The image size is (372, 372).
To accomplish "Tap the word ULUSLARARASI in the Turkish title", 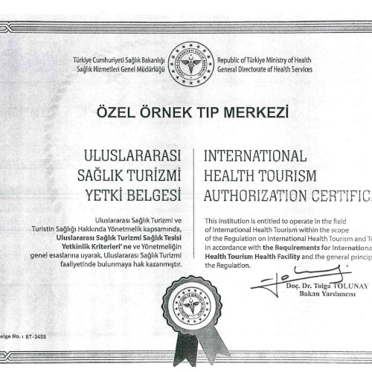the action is click(x=135, y=156).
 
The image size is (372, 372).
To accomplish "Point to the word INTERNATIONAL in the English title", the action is click(x=254, y=156).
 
